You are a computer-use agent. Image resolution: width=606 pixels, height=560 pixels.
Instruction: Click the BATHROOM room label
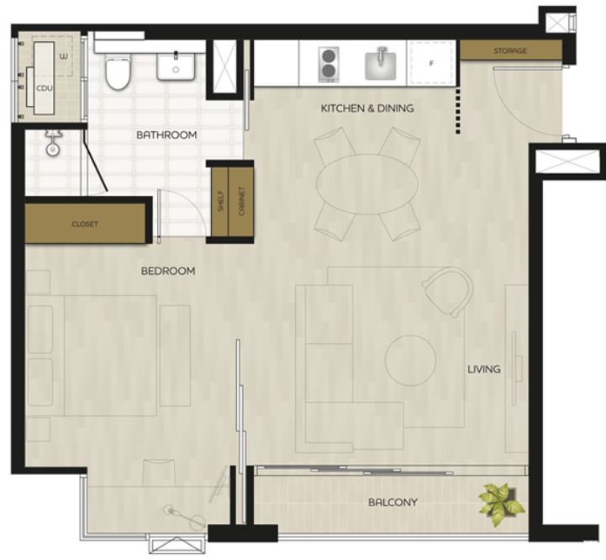coord(166,135)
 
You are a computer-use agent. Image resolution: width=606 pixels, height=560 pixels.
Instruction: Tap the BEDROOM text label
coord(168,271)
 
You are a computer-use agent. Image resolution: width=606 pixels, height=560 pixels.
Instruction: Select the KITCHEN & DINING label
coord(367,108)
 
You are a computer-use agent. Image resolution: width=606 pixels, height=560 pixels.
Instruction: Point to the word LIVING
coord(484,369)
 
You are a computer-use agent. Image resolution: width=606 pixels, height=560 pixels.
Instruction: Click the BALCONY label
coord(393,502)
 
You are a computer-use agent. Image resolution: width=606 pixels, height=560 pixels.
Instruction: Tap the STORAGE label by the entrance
coord(510,50)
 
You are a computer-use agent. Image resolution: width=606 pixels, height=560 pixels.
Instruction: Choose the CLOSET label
coord(85,225)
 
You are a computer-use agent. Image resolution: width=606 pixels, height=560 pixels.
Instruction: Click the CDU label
coord(44,88)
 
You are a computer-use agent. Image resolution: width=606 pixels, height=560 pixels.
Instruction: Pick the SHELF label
coord(221,201)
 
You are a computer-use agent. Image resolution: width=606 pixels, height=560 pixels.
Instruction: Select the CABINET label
coord(241,201)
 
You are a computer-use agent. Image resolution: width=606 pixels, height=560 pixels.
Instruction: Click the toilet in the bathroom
coord(119,71)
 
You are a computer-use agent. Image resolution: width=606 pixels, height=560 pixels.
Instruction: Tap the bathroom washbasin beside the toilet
coord(176,66)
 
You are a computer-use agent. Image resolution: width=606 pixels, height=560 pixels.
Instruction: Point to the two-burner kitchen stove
coord(329,64)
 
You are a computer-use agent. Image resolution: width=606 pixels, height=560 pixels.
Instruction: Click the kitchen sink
coord(381,64)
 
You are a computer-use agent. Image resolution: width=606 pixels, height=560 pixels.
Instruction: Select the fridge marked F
coord(431,63)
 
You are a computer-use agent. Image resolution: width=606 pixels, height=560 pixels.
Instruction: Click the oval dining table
coord(366,184)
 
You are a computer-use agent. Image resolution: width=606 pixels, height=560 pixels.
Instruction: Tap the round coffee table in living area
coord(410,361)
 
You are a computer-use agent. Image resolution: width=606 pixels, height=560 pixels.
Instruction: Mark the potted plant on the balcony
coord(501,504)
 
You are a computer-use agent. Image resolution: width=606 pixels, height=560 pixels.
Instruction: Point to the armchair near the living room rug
coord(448,292)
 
